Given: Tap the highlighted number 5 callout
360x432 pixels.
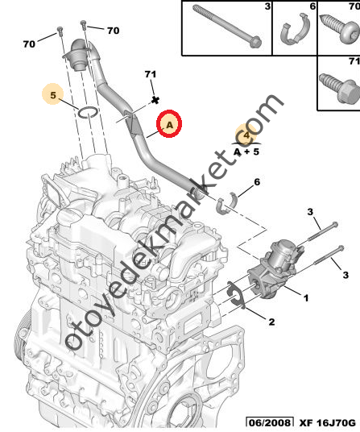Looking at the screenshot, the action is click(x=53, y=94).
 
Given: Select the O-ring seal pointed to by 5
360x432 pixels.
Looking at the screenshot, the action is click(x=88, y=112).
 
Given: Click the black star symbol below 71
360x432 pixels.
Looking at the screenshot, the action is click(x=155, y=100).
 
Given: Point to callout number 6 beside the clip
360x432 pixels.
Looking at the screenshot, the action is click(x=257, y=182).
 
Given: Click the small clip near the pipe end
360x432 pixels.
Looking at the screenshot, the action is click(x=227, y=203).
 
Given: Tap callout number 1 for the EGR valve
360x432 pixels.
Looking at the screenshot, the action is click(x=305, y=298).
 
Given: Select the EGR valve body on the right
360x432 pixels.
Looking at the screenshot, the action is click(x=275, y=268).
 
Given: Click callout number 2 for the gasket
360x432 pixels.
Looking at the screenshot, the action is click(x=271, y=322).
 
